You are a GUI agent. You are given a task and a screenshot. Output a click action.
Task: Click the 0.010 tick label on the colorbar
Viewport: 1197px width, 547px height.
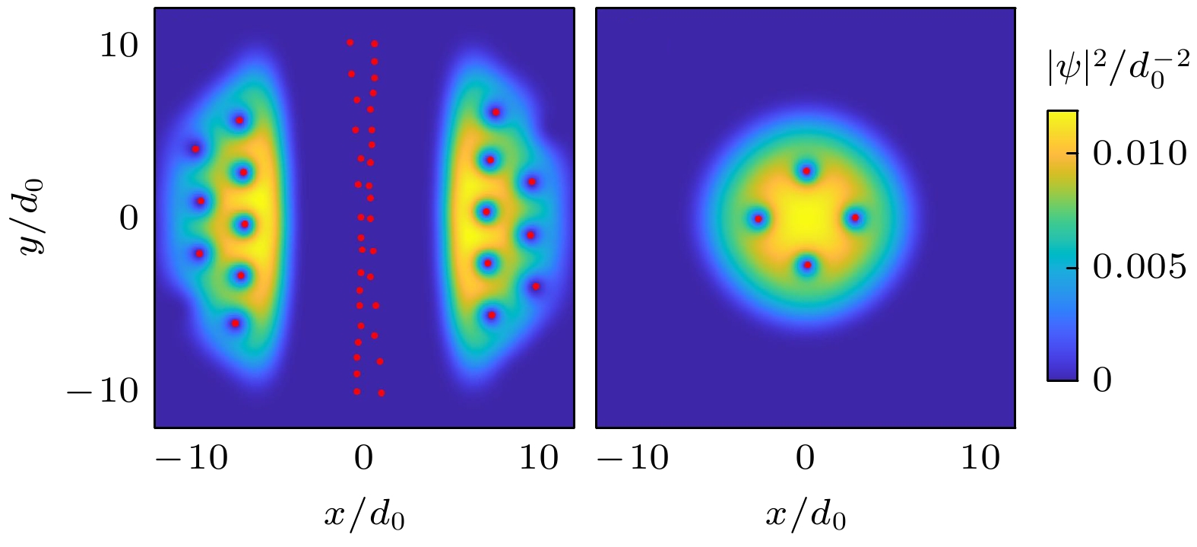click(x=1138, y=154)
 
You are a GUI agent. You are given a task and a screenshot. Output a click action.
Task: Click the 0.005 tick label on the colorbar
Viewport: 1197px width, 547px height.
click(x=1138, y=268)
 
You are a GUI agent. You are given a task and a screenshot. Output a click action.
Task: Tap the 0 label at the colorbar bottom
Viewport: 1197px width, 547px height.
click(x=1102, y=379)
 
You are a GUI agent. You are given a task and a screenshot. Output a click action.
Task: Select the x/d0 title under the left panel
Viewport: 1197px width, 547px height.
click(x=364, y=516)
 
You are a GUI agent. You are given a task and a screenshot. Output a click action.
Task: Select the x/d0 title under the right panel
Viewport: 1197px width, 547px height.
click(x=805, y=516)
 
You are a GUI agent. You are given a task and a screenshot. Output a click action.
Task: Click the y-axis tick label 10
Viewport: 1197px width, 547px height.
click(x=119, y=46)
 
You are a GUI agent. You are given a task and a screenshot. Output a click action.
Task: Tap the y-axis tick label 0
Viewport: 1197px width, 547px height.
click(x=128, y=219)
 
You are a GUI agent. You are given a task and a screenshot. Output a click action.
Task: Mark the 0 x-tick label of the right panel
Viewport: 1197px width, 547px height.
click(x=805, y=460)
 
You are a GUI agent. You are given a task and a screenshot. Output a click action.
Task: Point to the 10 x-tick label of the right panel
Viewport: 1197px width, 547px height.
click(x=980, y=460)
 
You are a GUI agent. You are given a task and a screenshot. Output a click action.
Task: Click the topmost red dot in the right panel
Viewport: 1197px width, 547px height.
click(x=806, y=171)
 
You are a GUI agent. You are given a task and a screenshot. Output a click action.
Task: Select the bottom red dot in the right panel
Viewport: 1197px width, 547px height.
click(x=807, y=266)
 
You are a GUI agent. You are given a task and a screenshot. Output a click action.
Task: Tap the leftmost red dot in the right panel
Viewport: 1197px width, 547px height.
click(x=758, y=219)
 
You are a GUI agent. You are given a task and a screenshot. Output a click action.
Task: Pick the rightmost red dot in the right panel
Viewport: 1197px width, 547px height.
click(x=855, y=218)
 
